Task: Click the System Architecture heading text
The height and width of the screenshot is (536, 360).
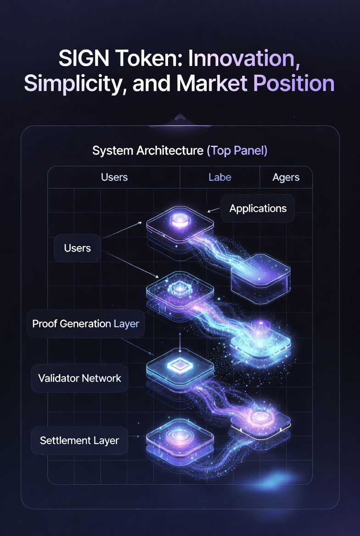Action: (x=147, y=151)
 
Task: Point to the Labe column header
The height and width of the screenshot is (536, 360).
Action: (x=220, y=177)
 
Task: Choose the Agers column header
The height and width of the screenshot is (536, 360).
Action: (x=286, y=177)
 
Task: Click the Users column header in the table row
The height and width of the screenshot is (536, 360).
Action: (x=114, y=177)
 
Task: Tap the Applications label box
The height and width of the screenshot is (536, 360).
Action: (x=258, y=208)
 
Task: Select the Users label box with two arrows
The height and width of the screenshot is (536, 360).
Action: (x=78, y=248)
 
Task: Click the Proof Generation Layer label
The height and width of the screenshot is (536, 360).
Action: (x=85, y=324)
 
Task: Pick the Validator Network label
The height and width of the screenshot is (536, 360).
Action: (x=79, y=378)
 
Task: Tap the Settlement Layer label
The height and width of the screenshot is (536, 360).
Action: (x=79, y=441)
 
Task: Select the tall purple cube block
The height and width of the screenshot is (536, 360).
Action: (x=260, y=275)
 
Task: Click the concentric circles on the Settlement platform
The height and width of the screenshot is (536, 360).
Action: (x=179, y=435)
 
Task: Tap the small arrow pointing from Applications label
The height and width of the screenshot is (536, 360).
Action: (x=212, y=211)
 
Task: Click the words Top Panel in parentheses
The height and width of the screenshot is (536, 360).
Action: (x=237, y=151)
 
